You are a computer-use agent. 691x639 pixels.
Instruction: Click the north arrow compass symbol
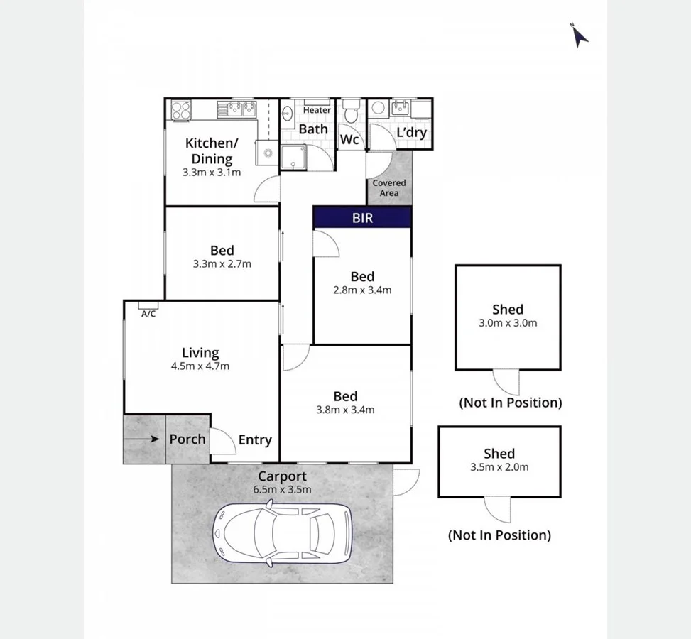click(x=580, y=35)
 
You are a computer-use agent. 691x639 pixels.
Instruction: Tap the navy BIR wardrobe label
click(x=362, y=217)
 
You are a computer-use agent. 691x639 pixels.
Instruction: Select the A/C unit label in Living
click(x=148, y=313)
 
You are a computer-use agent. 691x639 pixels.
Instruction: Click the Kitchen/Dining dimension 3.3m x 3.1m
click(x=212, y=173)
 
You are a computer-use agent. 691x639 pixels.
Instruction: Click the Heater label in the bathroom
click(x=317, y=110)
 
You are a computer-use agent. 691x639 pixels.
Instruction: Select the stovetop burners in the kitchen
click(x=181, y=110)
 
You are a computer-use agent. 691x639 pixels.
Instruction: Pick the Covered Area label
click(x=389, y=187)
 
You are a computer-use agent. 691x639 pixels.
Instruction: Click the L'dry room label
click(x=410, y=132)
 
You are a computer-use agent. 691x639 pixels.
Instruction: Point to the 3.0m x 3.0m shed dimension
click(x=508, y=323)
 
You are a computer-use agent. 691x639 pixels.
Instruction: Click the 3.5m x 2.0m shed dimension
click(x=499, y=467)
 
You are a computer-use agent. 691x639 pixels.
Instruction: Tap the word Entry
click(x=255, y=440)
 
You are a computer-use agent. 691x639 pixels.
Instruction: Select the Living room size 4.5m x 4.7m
click(x=200, y=366)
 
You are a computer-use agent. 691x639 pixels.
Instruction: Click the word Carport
click(x=282, y=476)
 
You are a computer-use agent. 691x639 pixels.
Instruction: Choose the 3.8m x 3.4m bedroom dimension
click(x=345, y=410)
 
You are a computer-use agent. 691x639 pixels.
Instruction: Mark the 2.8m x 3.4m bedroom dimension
click(x=362, y=290)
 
